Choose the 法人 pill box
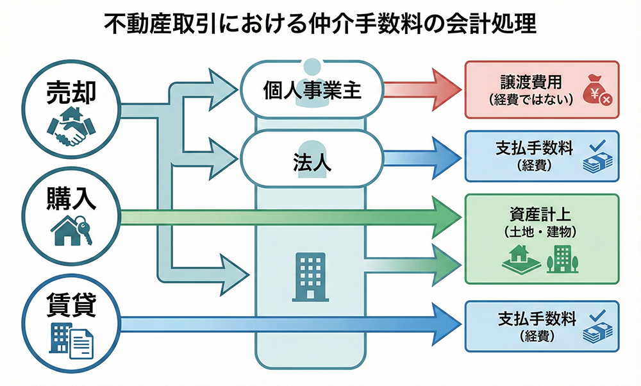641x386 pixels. tap(312, 160)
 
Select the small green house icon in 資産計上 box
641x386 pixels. tap(517, 259)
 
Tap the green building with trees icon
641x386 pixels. tap(562, 258)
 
